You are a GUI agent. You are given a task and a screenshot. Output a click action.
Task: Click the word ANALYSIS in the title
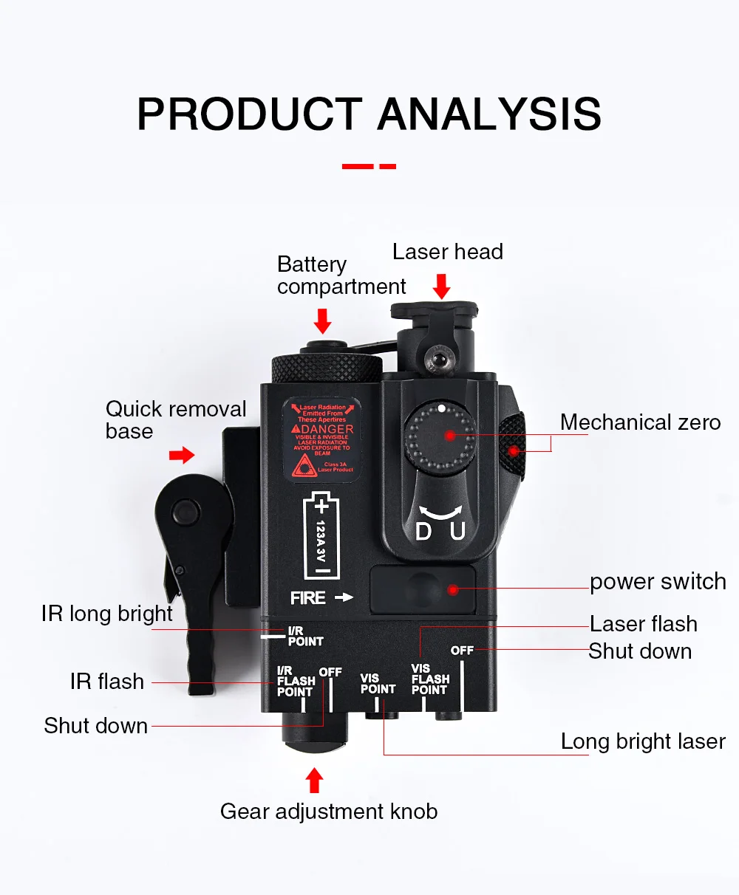[x=489, y=114]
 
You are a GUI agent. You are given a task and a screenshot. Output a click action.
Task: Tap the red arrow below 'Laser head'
[x=441, y=287]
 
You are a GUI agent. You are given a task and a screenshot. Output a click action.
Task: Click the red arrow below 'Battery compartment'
[x=322, y=320]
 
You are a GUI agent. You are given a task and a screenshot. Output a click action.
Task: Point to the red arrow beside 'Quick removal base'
[x=182, y=455]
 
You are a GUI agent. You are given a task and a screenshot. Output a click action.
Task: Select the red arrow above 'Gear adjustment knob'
[x=315, y=780]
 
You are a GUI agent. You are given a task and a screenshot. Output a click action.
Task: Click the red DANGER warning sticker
[x=322, y=439]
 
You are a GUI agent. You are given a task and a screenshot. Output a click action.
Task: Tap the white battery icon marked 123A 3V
[x=322, y=536]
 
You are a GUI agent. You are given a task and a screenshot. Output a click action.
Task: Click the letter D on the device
[x=423, y=531]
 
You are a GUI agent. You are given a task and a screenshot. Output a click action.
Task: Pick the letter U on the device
[x=458, y=531]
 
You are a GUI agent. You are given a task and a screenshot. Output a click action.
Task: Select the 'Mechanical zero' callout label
[x=640, y=422]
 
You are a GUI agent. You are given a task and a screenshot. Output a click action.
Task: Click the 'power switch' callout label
[x=658, y=582]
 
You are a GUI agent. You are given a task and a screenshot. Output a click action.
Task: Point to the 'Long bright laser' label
[x=643, y=741]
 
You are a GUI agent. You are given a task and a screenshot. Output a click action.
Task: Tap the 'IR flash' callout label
[x=107, y=682]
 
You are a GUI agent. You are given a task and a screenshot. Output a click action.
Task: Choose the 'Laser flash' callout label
[x=643, y=624]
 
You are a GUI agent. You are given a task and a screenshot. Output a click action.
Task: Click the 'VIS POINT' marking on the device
[x=378, y=684]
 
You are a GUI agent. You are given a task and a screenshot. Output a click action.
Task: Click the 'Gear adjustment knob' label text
[x=329, y=812]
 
